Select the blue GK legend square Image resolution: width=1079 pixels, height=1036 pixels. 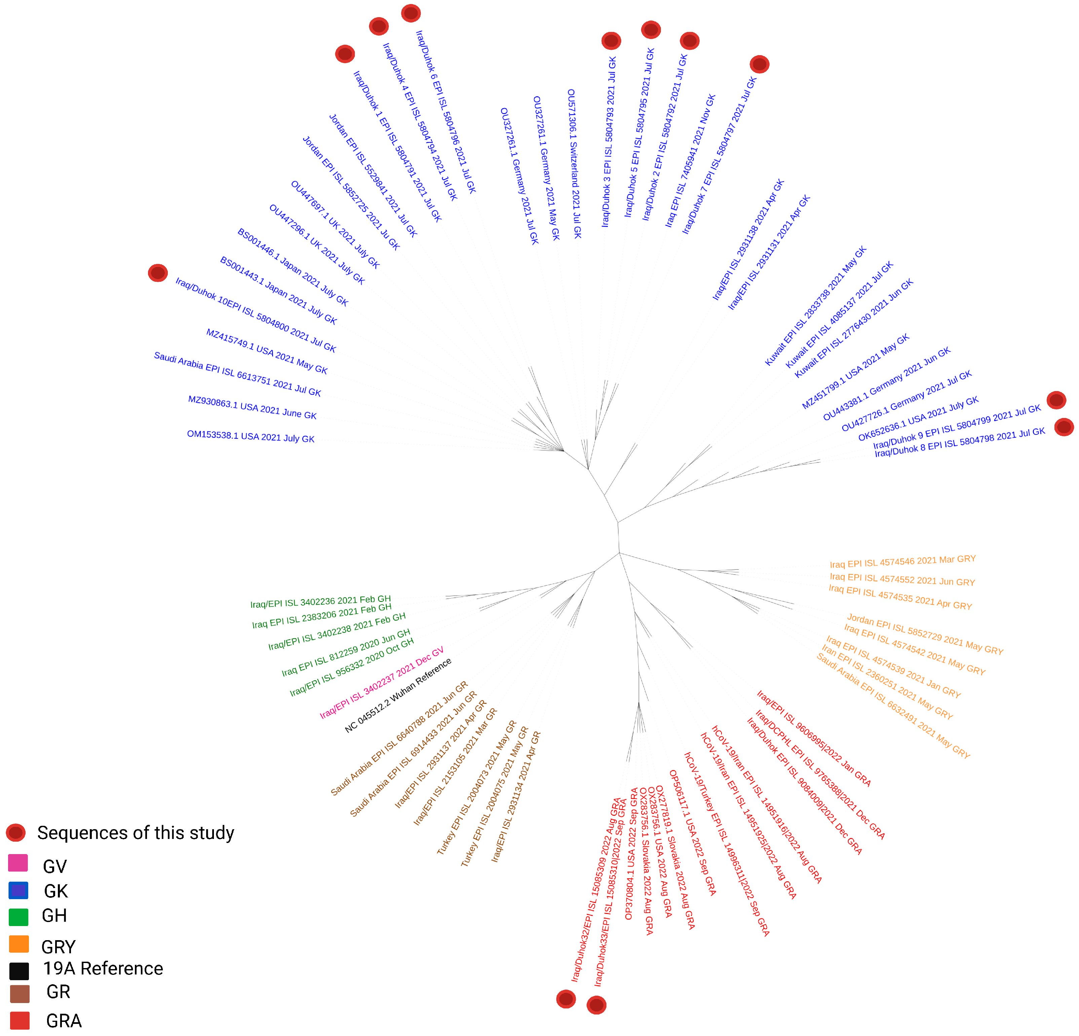coord(18,890)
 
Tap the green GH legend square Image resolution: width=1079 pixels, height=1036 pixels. coord(18,917)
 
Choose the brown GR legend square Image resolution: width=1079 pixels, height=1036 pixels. coord(19,994)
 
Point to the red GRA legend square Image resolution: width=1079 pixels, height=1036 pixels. coord(19,1021)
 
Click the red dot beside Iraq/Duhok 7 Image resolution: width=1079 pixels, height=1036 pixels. coord(759,65)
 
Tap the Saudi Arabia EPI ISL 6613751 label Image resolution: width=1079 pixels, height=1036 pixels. coord(237,374)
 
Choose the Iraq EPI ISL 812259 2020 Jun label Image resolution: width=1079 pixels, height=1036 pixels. coord(346,652)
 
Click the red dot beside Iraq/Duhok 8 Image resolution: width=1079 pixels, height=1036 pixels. coord(1064,427)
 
